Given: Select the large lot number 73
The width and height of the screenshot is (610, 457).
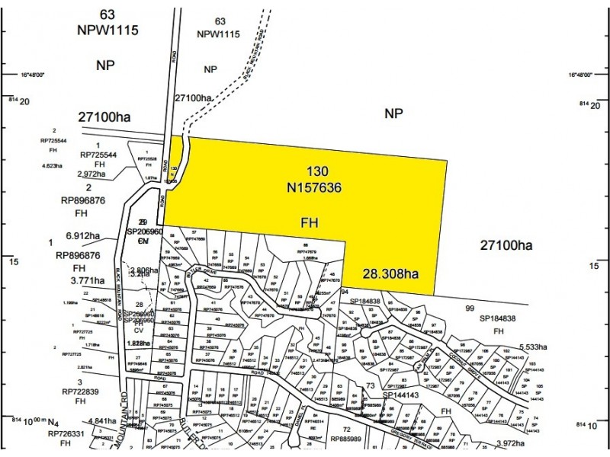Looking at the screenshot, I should (370, 387).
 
